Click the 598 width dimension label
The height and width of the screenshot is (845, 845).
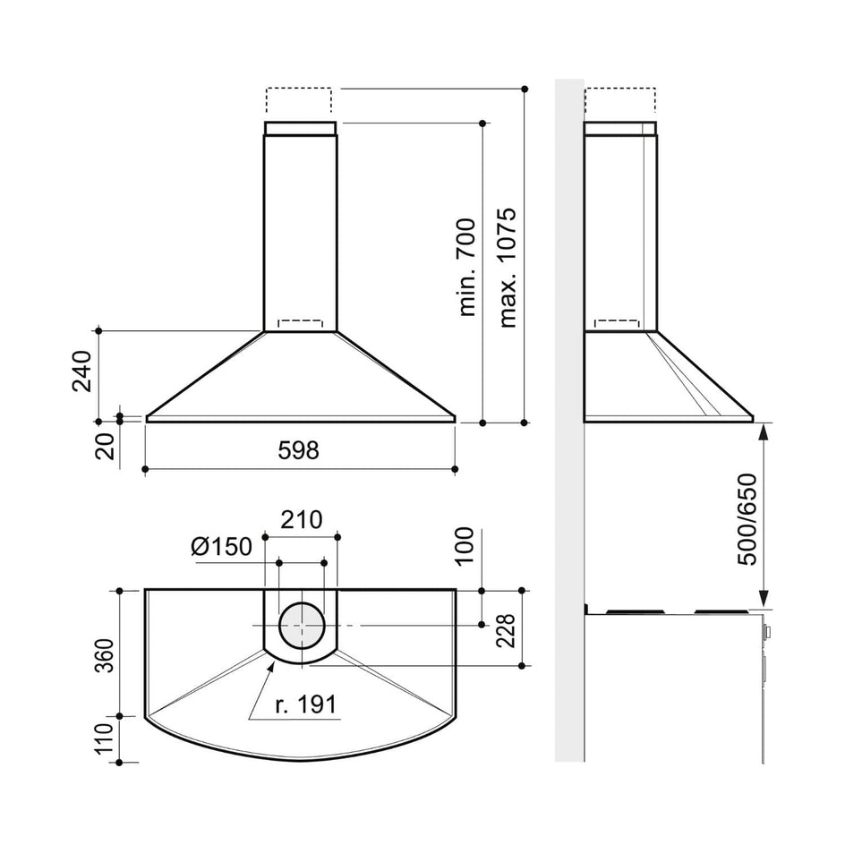pyautogui.click(x=298, y=450)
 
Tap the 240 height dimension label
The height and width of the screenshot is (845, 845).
pyautogui.click(x=82, y=371)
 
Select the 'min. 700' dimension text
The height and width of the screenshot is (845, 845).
pyautogui.click(x=465, y=267)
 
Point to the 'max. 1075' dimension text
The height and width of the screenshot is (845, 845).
pyautogui.click(x=508, y=268)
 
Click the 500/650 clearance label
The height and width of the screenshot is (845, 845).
pyautogui.click(x=747, y=519)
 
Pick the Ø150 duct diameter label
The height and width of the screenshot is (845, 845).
pyautogui.click(x=221, y=547)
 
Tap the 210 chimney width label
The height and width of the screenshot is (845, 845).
pyautogui.click(x=302, y=519)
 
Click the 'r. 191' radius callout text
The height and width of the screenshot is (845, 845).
pyautogui.click(x=305, y=704)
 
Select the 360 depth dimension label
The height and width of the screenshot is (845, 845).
pyautogui.click(x=105, y=655)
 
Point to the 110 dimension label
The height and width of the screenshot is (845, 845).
pyautogui.click(x=105, y=738)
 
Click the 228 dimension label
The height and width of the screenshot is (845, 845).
pyautogui.click(x=506, y=630)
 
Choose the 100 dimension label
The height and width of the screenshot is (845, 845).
pyautogui.click(x=464, y=546)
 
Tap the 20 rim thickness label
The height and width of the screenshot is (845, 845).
pyautogui.click(x=105, y=446)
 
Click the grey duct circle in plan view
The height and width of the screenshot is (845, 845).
pyautogui.click(x=302, y=626)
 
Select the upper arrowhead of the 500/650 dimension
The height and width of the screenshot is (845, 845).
pyautogui.click(x=764, y=431)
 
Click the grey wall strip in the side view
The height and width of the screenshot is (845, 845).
pyautogui.click(x=569, y=421)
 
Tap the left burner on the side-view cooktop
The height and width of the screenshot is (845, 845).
pyautogui.click(x=636, y=611)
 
